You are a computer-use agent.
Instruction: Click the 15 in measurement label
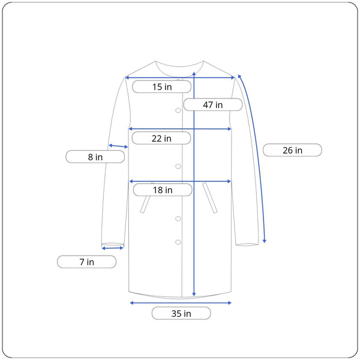click(x=161, y=86)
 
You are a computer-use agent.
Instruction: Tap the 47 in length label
click(x=213, y=104)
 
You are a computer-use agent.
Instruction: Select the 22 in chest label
click(x=161, y=138)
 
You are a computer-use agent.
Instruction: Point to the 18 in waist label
click(x=163, y=190)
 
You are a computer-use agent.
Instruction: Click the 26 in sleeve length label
click(x=292, y=150)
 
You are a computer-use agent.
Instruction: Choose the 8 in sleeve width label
click(x=95, y=157)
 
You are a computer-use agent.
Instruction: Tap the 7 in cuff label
click(x=86, y=262)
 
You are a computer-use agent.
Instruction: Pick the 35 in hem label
click(x=181, y=313)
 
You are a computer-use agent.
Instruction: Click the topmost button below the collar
click(x=178, y=80)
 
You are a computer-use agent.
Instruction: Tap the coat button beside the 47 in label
click(x=178, y=110)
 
